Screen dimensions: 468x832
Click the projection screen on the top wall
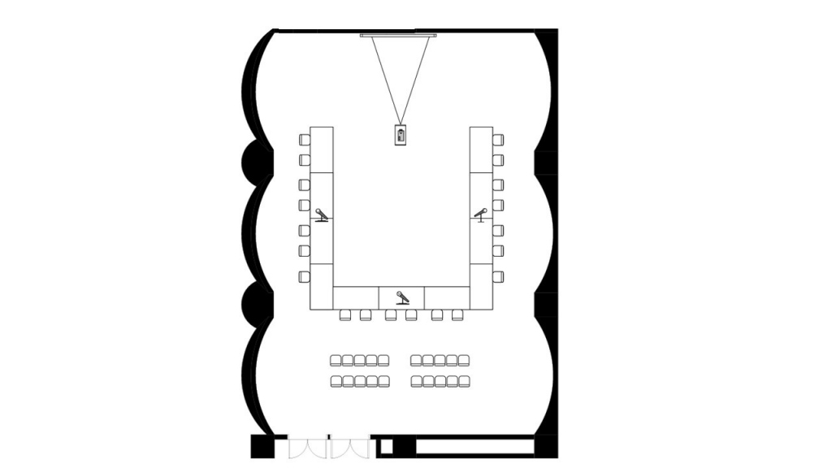pyautogui.click(x=399, y=35)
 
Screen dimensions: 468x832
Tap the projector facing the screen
pyautogui.click(x=401, y=135)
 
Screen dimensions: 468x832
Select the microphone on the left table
pyautogui.click(x=323, y=215)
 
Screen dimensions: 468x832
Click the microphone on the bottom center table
pyautogui.click(x=401, y=297)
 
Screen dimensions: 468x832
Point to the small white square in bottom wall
pyautogui.click(x=387, y=446)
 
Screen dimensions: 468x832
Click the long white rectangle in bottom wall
pyautogui.click(x=474, y=446)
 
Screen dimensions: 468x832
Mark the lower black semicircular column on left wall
pyautogui.click(x=253, y=302)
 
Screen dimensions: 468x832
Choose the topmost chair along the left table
pyautogui.click(x=304, y=138)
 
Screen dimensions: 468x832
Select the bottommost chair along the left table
pyautogui.click(x=304, y=275)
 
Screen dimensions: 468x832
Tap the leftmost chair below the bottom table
pyautogui.click(x=344, y=315)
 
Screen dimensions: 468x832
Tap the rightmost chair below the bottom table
pyautogui.click(x=457, y=315)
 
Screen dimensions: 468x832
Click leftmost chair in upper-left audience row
pyautogui.click(x=336, y=360)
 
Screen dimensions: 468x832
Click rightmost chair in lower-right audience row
pyautogui.click(x=463, y=381)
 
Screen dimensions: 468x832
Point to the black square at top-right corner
pyautogui.click(x=546, y=39)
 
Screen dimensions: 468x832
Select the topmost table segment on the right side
pyautogui.click(x=481, y=149)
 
